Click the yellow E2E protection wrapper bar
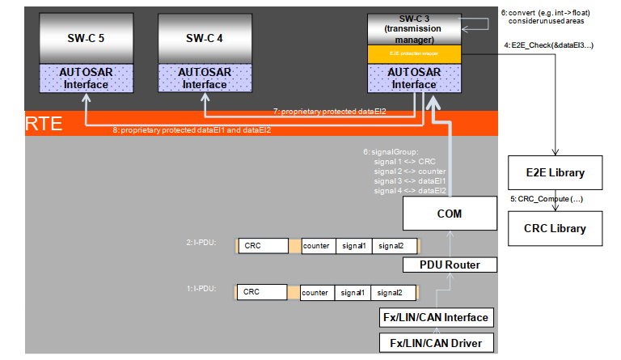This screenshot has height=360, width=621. tap(413, 54)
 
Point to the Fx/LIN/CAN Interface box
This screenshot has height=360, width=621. tap(437, 317)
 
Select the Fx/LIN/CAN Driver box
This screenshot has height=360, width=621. tap(437, 343)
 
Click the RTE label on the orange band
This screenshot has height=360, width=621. tap(40, 124)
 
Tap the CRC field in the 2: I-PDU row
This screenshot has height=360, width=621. tap(263, 245)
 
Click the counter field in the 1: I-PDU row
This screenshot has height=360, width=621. tap(315, 292)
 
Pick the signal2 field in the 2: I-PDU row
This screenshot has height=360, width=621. tap(395, 245)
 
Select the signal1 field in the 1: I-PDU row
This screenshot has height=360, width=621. tap(353, 292)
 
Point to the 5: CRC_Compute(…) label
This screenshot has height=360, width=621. tap(547, 198)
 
